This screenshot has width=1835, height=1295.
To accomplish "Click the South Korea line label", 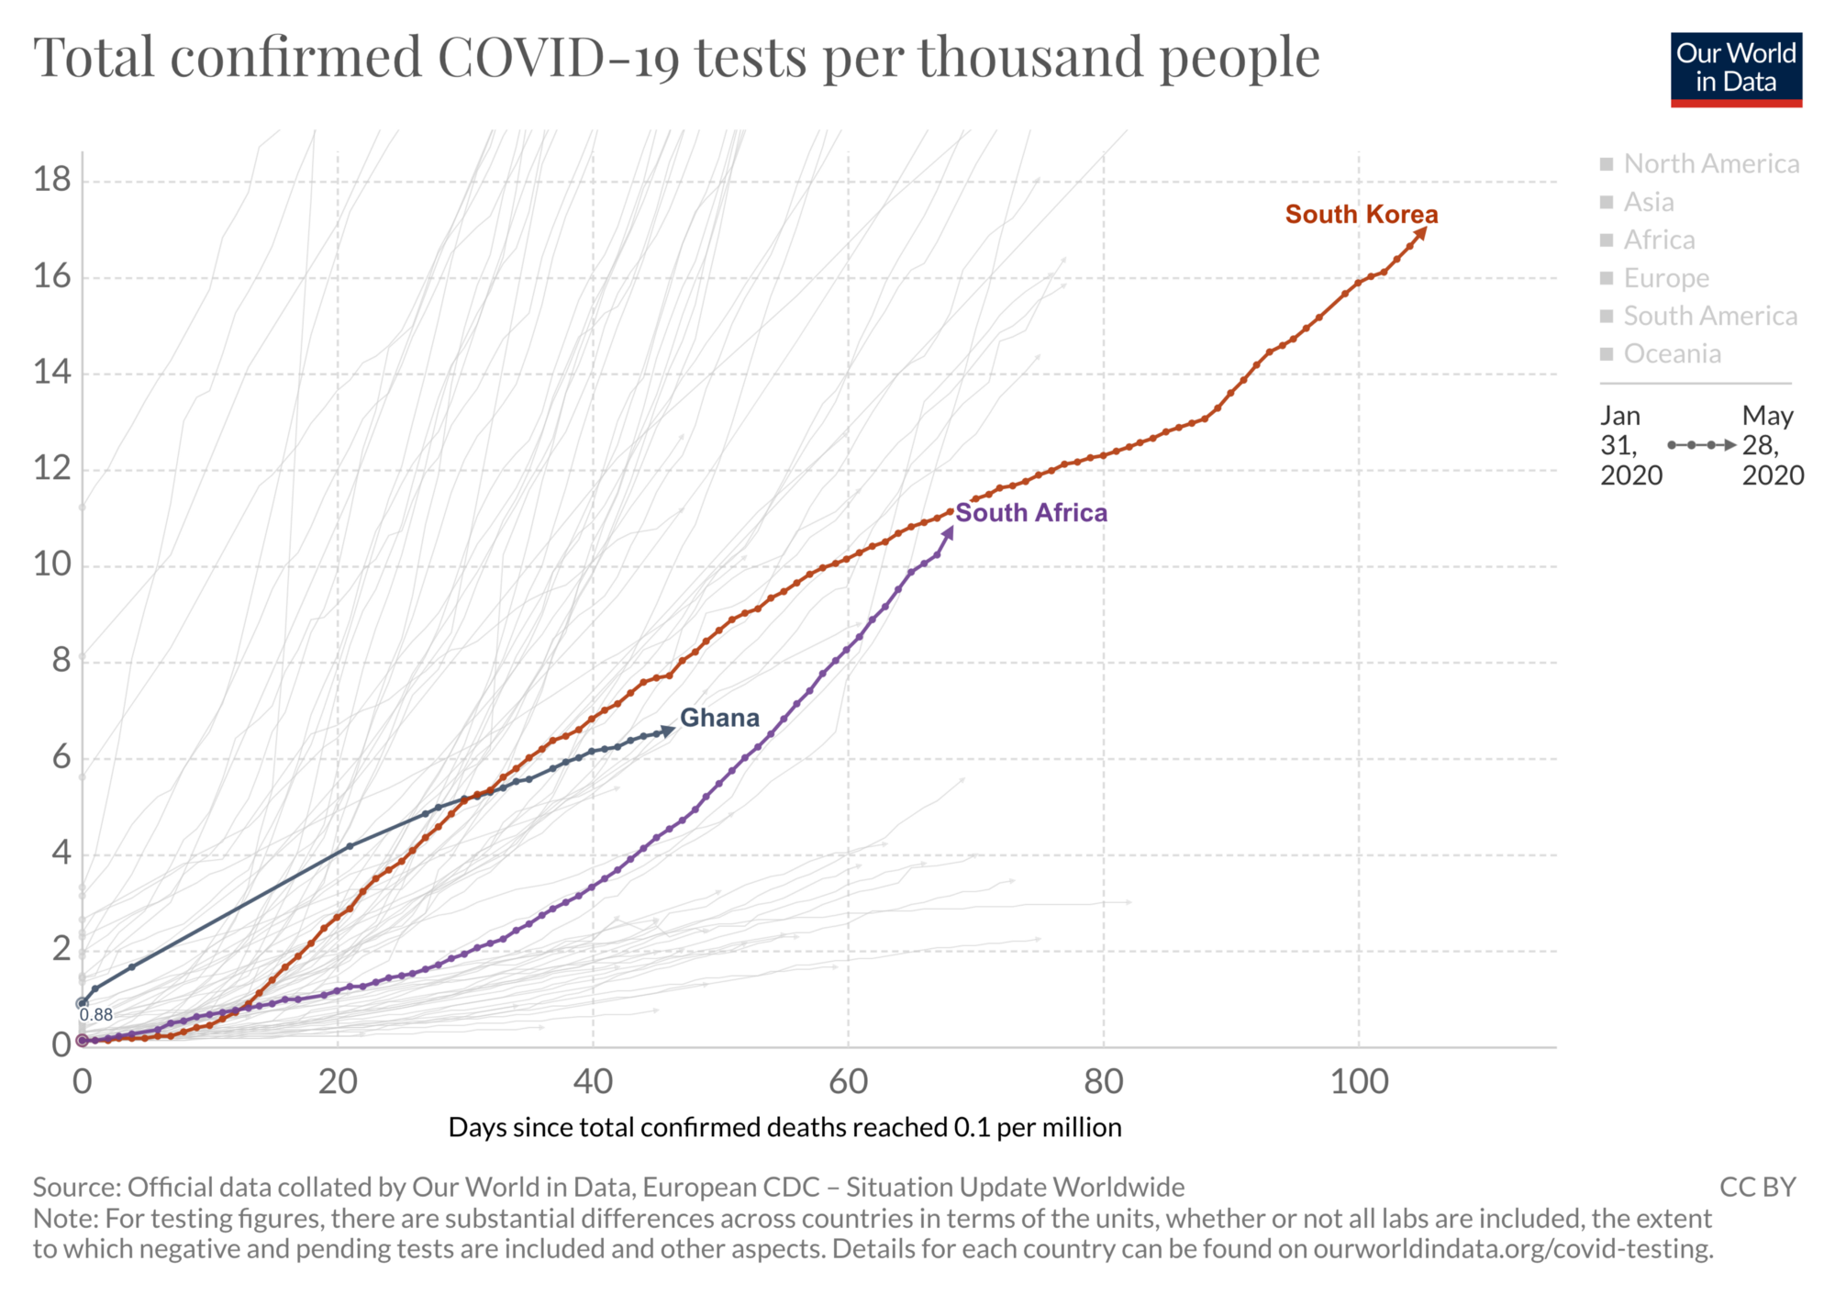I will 1361,215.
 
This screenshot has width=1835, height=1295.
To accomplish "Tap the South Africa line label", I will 1031,513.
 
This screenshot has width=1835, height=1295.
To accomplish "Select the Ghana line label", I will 719,718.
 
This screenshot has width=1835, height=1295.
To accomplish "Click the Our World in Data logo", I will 1736,70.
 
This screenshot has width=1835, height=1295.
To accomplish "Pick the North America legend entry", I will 1710,164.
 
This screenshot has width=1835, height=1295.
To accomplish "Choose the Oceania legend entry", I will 1672,354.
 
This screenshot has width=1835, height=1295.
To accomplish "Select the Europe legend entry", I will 1665,278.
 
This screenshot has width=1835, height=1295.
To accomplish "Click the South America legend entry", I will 1709,317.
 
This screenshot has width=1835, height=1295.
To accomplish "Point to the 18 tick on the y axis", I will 52,180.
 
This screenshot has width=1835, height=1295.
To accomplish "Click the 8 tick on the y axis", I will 61,661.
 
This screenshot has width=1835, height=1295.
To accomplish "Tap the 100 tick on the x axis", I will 1359,1082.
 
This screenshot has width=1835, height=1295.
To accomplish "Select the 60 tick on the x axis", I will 848,1082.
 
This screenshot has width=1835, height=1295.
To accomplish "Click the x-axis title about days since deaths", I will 784,1127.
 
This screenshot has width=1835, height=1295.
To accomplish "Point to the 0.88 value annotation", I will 96,1015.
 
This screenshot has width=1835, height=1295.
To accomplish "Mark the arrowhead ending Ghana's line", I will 670,731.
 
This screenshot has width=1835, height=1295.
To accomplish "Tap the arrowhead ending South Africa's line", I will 950,531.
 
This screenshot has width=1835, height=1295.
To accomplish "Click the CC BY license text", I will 1757,1188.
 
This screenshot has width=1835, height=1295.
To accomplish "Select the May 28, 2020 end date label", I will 1772,445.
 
